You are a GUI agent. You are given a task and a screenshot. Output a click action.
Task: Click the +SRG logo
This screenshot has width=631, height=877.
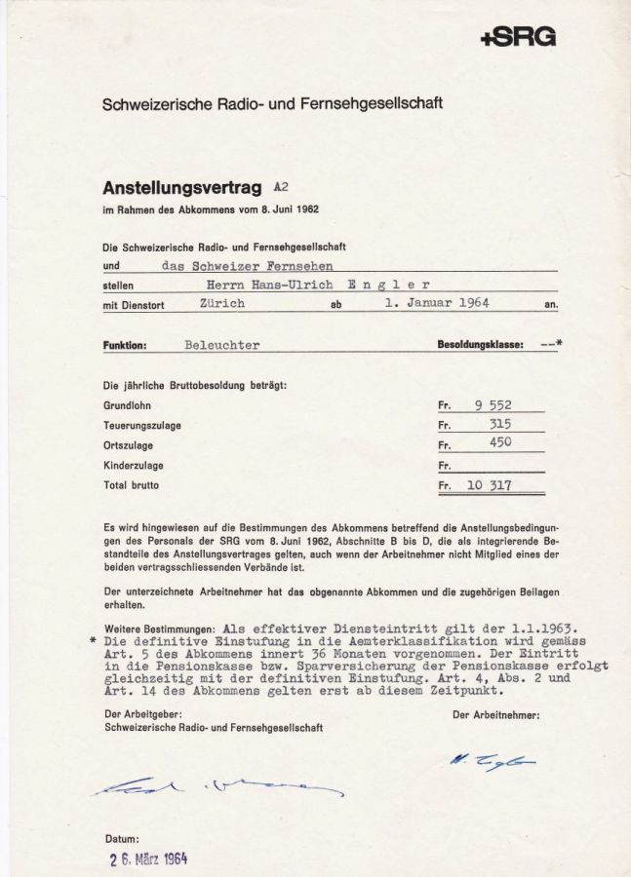coord(518,38)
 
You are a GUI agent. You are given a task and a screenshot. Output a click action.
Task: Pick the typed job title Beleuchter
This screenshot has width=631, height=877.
coord(221,345)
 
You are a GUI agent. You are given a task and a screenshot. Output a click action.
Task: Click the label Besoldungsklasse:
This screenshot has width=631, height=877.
coord(481,345)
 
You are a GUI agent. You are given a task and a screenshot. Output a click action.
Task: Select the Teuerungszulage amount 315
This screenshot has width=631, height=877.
coord(500,424)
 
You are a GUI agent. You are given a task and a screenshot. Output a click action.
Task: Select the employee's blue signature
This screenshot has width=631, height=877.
coord(491,761)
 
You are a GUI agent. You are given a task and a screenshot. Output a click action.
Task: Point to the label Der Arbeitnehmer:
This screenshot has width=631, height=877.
coord(495,714)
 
